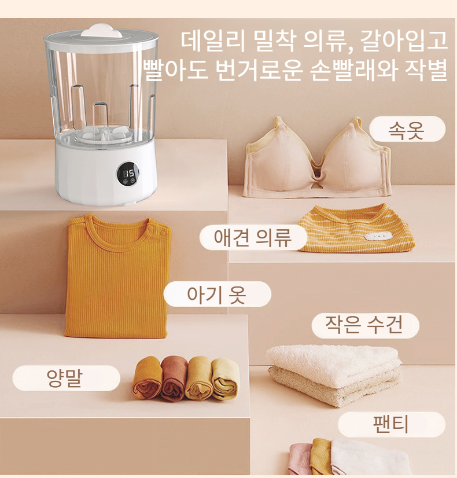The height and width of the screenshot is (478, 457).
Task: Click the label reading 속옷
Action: (x=407, y=130)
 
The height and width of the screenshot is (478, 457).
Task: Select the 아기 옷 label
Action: (x=217, y=294)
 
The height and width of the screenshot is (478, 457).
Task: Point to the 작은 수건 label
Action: (x=364, y=325)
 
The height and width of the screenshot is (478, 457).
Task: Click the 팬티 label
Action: (x=391, y=424)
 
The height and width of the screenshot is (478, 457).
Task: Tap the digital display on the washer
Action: (x=127, y=174)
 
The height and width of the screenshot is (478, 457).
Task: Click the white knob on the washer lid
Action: (x=102, y=30)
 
